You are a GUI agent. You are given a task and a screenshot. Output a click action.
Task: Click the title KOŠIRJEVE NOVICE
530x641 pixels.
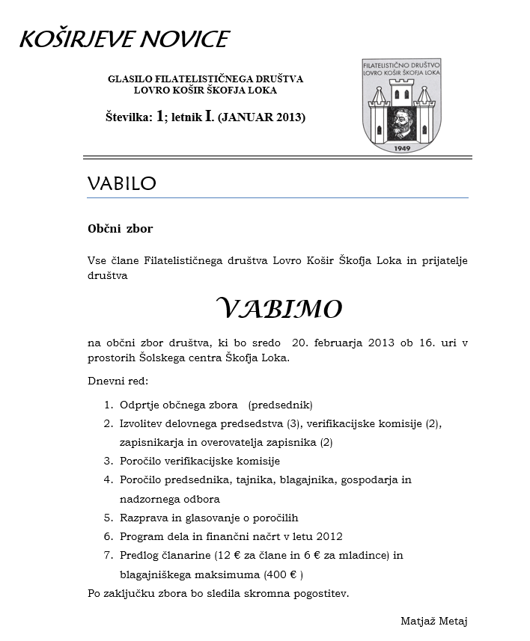coord(124,39)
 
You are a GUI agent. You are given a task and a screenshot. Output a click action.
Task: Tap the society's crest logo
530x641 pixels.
coord(401,103)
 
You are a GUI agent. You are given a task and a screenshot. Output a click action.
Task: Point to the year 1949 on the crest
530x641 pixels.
coord(402,147)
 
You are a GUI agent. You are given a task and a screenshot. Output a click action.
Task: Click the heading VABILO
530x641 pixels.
coord(121,183)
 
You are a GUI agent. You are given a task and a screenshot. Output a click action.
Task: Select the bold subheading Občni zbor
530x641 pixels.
coord(120,228)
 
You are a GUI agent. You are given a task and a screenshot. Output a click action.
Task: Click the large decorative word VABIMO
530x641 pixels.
coord(278,307)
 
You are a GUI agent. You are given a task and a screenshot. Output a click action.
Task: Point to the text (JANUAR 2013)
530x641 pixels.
coord(261,117)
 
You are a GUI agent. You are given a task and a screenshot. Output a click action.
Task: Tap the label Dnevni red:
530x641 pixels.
coord(118,381)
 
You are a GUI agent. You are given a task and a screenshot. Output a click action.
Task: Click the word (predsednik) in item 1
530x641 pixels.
coord(280,405)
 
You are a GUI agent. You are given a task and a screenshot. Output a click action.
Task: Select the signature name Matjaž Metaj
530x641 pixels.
coord(434,621)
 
